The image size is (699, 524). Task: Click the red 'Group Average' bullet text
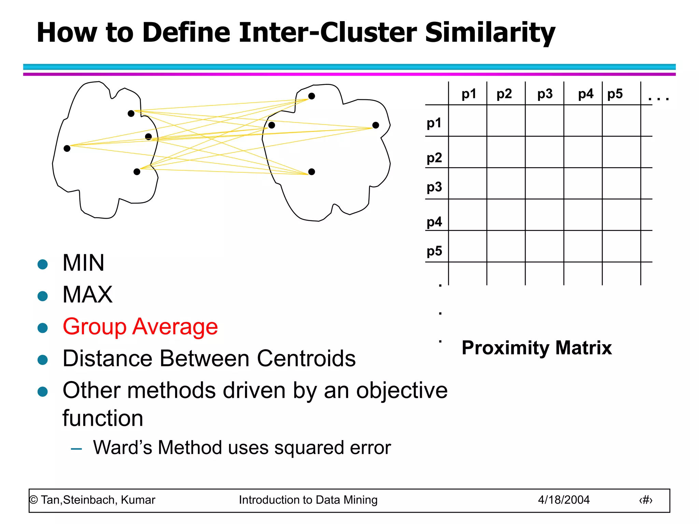(140, 327)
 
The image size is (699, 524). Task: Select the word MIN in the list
(83, 263)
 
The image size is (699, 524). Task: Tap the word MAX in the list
(87, 295)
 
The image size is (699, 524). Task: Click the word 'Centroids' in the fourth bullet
(306, 359)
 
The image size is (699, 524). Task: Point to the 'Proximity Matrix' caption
(537, 348)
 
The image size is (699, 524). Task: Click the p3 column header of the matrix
(545, 94)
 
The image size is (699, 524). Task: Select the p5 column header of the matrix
(615, 94)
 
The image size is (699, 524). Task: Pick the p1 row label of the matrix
(434, 123)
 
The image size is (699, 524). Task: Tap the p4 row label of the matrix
(434, 222)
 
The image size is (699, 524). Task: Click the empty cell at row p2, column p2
(506, 152)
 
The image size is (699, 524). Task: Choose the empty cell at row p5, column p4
(583, 246)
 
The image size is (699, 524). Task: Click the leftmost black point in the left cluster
(67, 148)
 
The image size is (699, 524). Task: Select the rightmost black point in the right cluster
(376, 125)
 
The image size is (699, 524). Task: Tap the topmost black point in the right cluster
(312, 96)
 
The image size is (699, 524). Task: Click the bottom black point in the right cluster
(312, 172)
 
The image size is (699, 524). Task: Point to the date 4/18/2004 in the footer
(564, 500)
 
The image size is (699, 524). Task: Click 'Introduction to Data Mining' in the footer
(308, 500)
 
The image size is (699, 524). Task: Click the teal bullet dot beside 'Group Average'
(43, 328)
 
